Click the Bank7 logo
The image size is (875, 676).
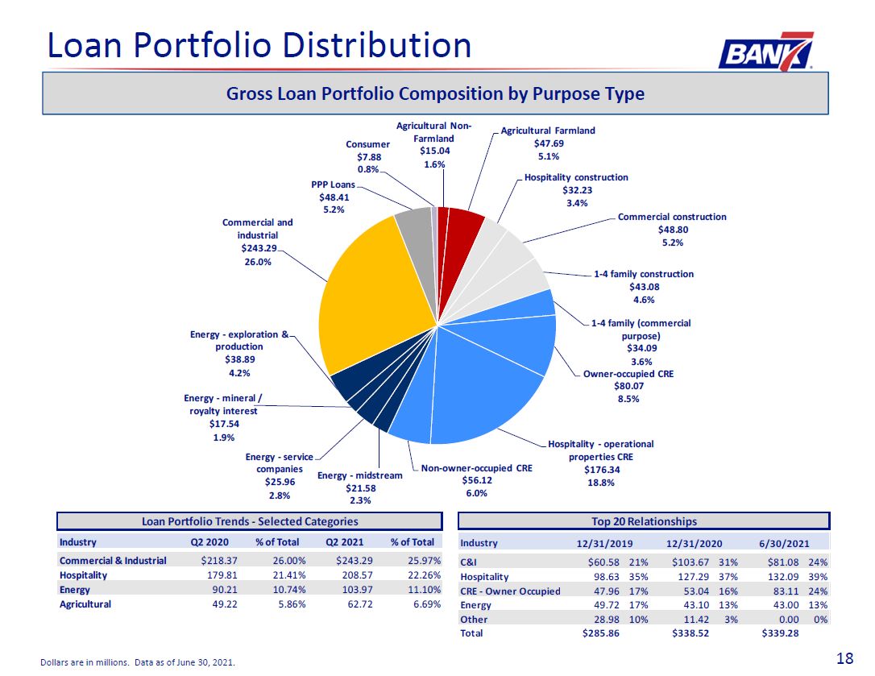[765, 51]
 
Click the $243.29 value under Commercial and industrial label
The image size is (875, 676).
[259, 248]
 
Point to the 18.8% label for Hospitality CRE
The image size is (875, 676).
[600, 483]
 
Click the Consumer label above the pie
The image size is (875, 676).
[367, 144]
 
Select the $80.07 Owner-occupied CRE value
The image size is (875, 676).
[628, 386]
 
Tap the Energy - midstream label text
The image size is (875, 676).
[360, 475]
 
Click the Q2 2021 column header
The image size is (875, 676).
[344, 542]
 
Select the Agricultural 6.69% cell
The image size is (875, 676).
[427, 604]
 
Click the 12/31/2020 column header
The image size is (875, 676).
[695, 543]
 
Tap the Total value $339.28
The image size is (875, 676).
[780, 633]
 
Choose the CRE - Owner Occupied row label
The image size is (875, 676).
[510, 591]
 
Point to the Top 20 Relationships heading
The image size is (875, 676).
[644, 521]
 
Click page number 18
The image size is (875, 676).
[845, 659]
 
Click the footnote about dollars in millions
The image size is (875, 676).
[138, 662]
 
